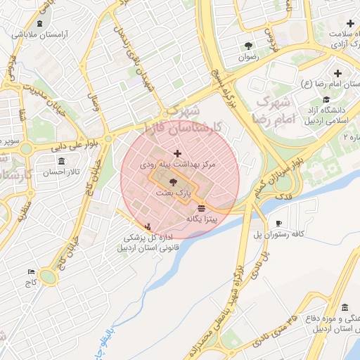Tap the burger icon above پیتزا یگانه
coord(202,209)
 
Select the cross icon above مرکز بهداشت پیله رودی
coord(176,153)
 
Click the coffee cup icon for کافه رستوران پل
coord(279,224)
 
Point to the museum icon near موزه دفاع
coord(345,307)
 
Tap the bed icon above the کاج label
coord(30,271)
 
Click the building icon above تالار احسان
coord(62,162)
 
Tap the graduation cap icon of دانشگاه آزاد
coord(326,98)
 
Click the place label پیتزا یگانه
coord(202,220)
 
